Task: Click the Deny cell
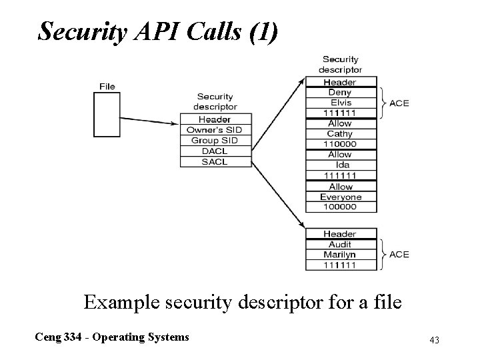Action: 340,93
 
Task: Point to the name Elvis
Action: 340,103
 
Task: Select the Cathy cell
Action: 340,134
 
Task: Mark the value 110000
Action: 340,144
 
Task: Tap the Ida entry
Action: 340,165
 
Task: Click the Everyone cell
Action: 340,197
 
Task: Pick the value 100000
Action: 340,207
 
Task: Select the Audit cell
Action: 340,244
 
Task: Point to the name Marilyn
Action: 340,254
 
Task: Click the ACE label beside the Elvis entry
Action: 399,103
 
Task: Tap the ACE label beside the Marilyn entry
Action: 399,255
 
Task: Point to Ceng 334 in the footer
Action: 61,337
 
